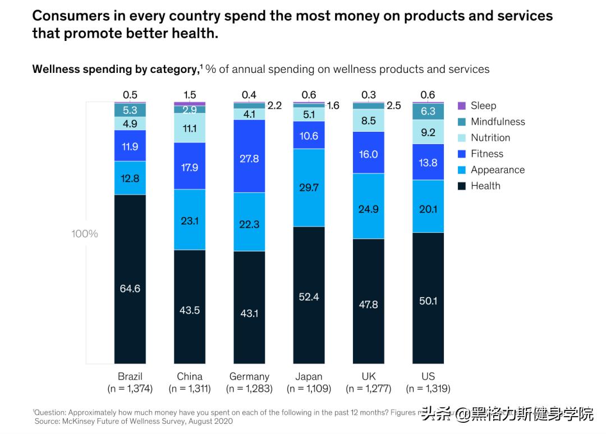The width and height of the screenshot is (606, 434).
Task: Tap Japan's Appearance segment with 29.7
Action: tap(309, 187)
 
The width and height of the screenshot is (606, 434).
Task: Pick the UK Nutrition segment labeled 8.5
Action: tap(368, 120)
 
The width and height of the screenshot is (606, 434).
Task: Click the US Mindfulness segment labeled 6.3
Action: tap(428, 111)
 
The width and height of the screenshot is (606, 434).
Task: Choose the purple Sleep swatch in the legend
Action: tap(462, 105)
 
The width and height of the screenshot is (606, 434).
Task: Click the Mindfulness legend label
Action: tap(498, 122)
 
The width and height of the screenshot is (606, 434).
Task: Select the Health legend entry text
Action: tap(485, 186)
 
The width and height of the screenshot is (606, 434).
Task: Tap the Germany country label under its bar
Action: tap(249, 376)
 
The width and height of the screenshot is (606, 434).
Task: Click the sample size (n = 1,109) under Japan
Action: tap(309, 388)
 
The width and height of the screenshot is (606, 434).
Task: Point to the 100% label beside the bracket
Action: tap(84, 234)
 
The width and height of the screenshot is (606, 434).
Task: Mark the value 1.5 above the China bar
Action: tap(189, 95)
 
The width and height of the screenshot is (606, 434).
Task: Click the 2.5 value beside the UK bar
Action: tap(394, 105)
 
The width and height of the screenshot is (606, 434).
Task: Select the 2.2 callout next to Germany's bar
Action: tap(274, 105)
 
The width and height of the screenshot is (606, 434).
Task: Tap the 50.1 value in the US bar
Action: tap(428, 301)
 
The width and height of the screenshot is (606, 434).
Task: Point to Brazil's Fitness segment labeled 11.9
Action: tap(130, 146)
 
